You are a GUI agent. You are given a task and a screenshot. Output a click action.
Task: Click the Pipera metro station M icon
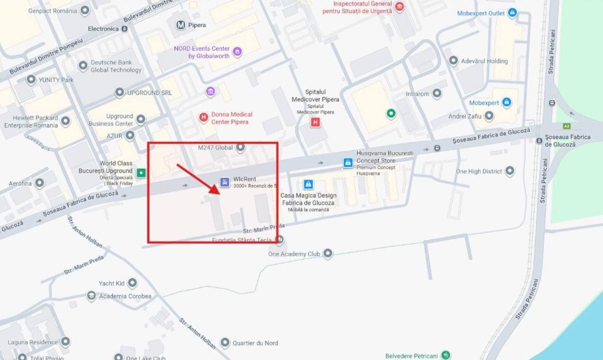pos(180,25)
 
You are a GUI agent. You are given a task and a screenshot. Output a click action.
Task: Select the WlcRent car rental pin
pos(224,182)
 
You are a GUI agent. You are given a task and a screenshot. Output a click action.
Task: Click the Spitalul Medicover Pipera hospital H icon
pos(315,122)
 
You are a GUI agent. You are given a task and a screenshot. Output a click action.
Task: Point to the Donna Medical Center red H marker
pos(204,118)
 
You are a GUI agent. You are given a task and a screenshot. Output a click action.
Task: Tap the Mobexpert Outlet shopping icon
pos(512,13)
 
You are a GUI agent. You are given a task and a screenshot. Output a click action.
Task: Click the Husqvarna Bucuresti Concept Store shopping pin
pos(348,163)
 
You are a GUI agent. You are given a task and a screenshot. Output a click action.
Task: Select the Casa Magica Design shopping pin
pos(308,184)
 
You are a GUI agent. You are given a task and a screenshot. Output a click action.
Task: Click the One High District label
pos(479,171)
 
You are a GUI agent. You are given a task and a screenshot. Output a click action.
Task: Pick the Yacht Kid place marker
pos(132,283)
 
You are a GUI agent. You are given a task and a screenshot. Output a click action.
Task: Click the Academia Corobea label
pos(125,296)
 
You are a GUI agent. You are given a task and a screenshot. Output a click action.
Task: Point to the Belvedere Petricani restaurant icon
pos(446,355)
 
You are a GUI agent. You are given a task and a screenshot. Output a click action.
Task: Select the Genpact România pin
pos(85,10)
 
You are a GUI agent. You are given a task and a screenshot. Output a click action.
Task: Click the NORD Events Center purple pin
pos(237,51)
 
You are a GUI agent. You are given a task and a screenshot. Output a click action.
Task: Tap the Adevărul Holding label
pos(484,61)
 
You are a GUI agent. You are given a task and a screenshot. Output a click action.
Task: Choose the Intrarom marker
pos(436,94)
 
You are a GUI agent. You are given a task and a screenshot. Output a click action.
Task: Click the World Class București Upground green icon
pos(141,172)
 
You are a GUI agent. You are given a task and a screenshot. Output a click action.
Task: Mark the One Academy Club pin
pos(327,254)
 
